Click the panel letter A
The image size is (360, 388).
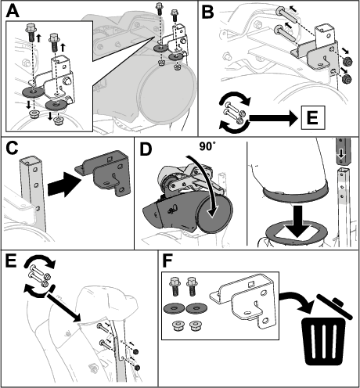[x=13, y=11]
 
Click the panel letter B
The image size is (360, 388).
[x=208, y=12]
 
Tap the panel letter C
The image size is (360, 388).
[x=13, y=149]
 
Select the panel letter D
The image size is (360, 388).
[x=146, y=149]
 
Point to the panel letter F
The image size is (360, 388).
[x=168, y=260]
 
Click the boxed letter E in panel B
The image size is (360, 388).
[x=313, y=117]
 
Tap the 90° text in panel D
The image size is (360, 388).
[x=207, y=146]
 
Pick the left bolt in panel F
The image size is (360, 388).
[x=175, y=286]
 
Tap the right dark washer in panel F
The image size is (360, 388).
[x=196, y=308]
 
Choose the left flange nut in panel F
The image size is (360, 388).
[x=177, y=326]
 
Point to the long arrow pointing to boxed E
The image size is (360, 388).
[x=273, y=118]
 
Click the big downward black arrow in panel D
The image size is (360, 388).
[x=297, y=222]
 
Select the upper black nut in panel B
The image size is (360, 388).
[x=347, y=62]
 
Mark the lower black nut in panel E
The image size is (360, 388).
[x=137, y=368]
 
